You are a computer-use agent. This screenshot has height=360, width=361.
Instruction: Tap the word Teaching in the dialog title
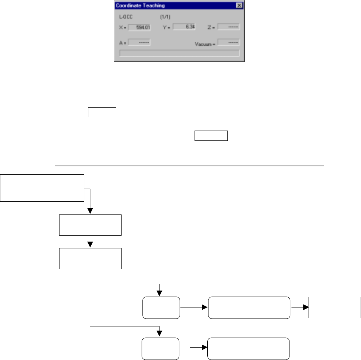tap(153, 6)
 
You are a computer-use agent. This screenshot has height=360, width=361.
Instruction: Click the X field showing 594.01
tap(139, 27)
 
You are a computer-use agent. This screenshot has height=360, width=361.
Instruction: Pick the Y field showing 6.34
tap(185, 27)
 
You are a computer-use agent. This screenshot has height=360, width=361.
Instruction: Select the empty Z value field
tap(228, 27)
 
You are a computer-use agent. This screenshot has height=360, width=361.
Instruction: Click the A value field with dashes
tap(139, 42)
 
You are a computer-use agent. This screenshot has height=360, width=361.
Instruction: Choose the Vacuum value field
tap(228, 42)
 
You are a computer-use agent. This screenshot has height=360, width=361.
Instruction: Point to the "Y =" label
tap(166, 27)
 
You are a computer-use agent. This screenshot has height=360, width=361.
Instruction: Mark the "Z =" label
tap(212, 27)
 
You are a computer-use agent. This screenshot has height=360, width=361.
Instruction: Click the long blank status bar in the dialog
tap(179, 53)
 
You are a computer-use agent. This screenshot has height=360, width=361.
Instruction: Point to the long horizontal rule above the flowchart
tap(189, 166)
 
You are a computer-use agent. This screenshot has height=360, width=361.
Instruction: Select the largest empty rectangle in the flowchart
tap(42, 188)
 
